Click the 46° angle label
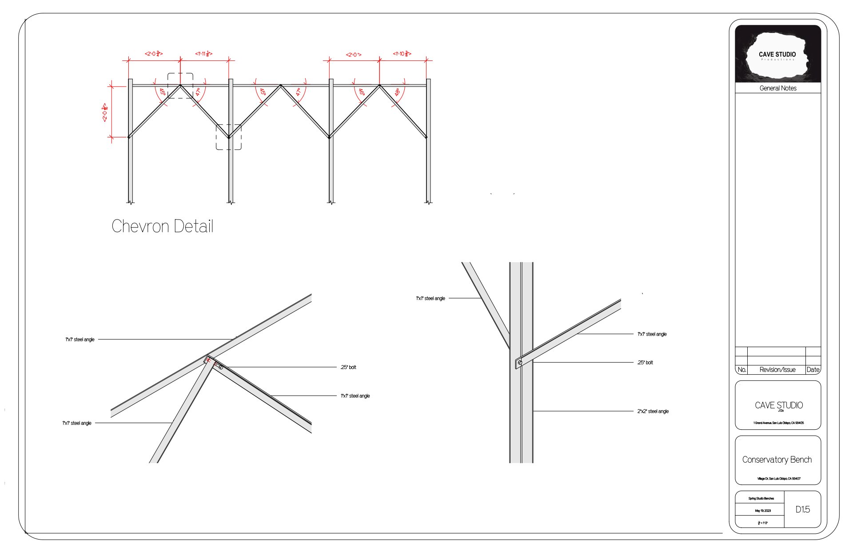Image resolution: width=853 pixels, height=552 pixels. [x=362, y=92]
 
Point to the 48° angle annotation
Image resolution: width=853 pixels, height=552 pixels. [x=397, y=92]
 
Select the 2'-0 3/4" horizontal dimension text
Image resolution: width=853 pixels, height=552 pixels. [x=154, y=54]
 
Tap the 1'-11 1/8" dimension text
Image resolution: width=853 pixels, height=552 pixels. [x=204, y=54]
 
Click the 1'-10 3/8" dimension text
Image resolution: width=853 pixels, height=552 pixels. [x=402, y=54]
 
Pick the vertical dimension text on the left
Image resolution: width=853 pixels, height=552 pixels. [x=105, y=112]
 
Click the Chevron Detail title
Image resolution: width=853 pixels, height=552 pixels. [x=163, y=226]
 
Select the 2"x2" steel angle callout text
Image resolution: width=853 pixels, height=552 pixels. [x=653, y=412]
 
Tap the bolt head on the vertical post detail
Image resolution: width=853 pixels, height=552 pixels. [x=520, y=363]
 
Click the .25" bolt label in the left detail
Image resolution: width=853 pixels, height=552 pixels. [x=348, y=368]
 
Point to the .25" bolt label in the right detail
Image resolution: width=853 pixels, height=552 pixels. [x=645, y=363]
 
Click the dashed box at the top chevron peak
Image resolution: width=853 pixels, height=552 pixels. [x=180, y=85]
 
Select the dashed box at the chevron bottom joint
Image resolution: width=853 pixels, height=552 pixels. [x=229, y=137]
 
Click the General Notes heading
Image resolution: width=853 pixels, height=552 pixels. [x=778, y=88]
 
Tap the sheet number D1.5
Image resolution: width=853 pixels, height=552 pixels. [x=803, y=509]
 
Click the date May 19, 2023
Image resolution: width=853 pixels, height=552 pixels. [x=763, y=511]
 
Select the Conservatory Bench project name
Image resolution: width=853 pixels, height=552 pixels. [x=777, y=460]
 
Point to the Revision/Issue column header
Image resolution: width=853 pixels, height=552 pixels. [x=777, y=370]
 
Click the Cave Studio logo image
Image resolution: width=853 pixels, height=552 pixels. [x=777, y=54]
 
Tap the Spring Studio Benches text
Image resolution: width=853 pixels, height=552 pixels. [x=761, y=499]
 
